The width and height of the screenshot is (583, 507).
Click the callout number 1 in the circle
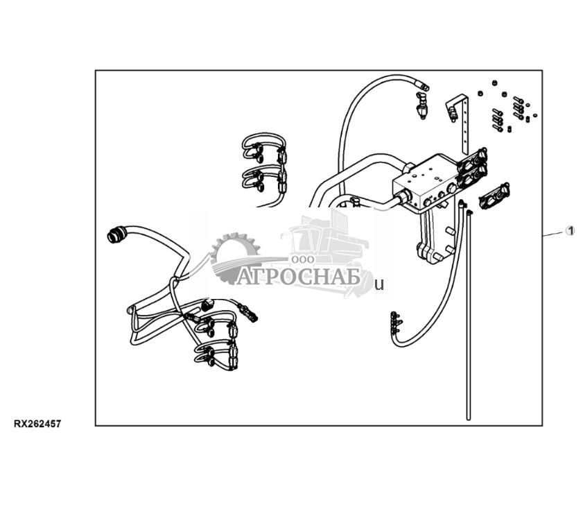click(570, 231)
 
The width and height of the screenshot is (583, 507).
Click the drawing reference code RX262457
click(37, 424)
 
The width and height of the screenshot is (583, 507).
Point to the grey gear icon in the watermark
click(234, 257)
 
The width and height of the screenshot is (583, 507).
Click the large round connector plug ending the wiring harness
click(116, 235)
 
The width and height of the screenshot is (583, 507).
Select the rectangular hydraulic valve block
click(428, 183)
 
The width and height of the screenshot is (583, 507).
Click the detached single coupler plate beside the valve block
click(494, 196)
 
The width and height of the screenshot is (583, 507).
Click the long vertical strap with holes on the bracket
click(464, 126)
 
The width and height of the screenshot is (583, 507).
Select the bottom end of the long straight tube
click(468, 418)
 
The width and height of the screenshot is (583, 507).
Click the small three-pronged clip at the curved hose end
click(396, 323)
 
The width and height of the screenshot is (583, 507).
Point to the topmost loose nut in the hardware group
click(494, 83)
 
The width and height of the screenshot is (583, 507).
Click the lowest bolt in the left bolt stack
click(498, 128)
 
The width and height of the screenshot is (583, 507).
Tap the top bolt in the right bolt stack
click(519, 100)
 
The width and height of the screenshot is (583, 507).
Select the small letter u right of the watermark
click(379, 285)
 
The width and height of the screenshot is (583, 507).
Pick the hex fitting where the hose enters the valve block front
click(403, 196)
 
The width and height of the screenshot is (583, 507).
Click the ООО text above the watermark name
click(303, 259)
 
